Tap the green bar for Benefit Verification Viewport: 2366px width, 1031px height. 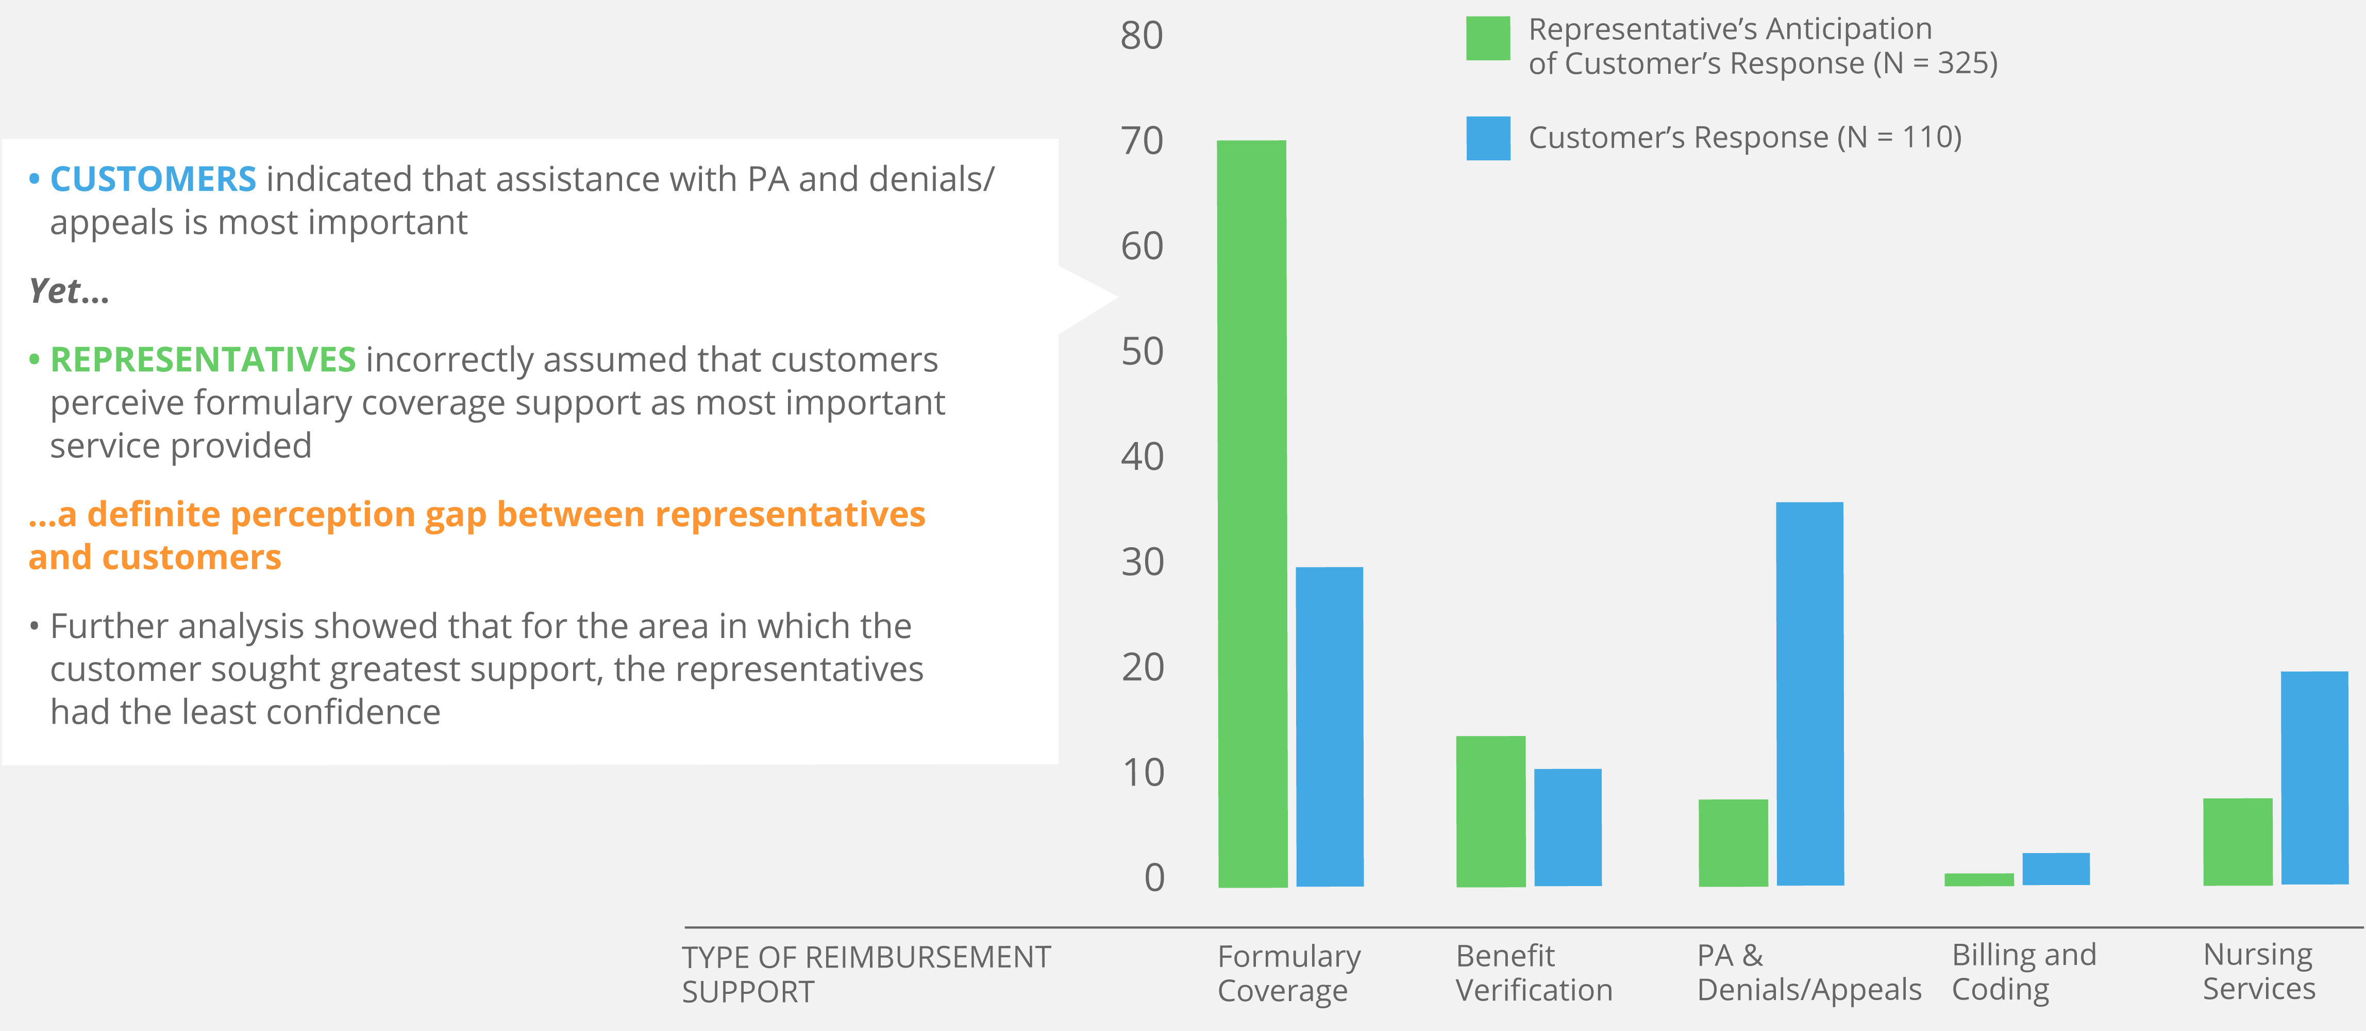tap(1491, 811)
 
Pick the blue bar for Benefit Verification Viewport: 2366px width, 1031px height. tap(1568, 827)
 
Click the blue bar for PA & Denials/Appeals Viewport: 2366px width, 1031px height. tap(1809, 694)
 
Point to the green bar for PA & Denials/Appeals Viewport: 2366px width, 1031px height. tap(1733, 843)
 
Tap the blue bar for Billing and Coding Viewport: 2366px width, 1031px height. tap(2056, 869)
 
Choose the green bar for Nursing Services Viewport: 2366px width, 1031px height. tap(2237, 842)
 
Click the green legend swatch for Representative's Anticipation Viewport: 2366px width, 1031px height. tap(1488, 39)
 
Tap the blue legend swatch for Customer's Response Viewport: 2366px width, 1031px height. tap(1488, 139)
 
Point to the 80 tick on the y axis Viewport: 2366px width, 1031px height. tap(1142, 36)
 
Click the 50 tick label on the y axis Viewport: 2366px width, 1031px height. tap(1142, 352)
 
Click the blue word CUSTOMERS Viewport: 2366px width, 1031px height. tap(153, 179)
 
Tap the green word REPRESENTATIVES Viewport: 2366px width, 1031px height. tap(202, 359)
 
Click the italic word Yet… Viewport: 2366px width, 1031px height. tap(69, 291)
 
